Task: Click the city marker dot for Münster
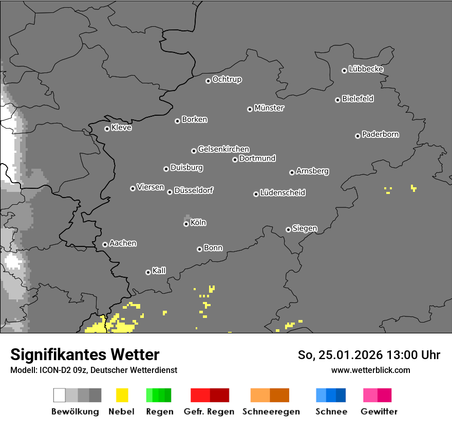click(x=250, y=109)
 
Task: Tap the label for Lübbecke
click(x=366, y=69)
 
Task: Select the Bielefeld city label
click(x=357, y=99)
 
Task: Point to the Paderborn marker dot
click(x=357, y=136)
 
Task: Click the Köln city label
click(x=198, y=223)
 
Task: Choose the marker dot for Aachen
click(x=105, y=244)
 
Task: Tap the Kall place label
click(x=159, y=271)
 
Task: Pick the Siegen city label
click(x=305, y=228)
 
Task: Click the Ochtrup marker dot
click(x=208, y=80)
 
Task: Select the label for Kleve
click(x=121, y=128)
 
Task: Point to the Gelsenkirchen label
click(x=223, y=149)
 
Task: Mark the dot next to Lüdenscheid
click(x=256, y=194)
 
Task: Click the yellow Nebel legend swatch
click(x=122, y=395)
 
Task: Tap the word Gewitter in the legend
click(x=379, y=412)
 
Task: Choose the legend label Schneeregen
click(x=271, y=412)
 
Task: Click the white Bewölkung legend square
click(x=60, y=395)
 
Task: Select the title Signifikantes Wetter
click(x=85, y=355)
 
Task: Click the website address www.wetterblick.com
click(x=370, y=370)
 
